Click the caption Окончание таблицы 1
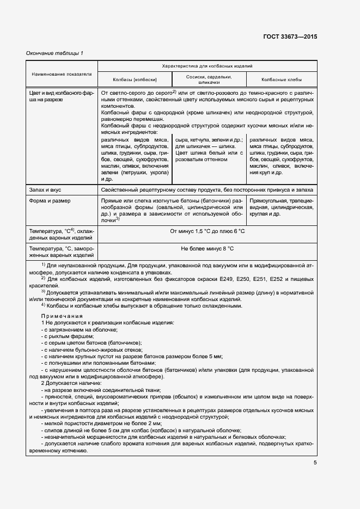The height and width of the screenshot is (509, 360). (54, 53)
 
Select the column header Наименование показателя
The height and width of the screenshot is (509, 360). (62, 72)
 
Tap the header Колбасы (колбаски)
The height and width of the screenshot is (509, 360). (135, 79)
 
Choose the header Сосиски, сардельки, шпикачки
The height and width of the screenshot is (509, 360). (209, 79)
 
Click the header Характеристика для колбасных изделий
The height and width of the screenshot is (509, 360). (207, 65)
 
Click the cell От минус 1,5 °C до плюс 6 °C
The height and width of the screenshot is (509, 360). (207, 231)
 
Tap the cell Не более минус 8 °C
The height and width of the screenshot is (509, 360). (207, 248)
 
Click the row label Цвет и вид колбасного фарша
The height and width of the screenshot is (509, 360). (62, 96)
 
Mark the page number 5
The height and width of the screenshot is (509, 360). (315, 463)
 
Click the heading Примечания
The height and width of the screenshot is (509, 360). (58, 316)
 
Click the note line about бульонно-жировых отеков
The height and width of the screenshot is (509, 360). (94, 349)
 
